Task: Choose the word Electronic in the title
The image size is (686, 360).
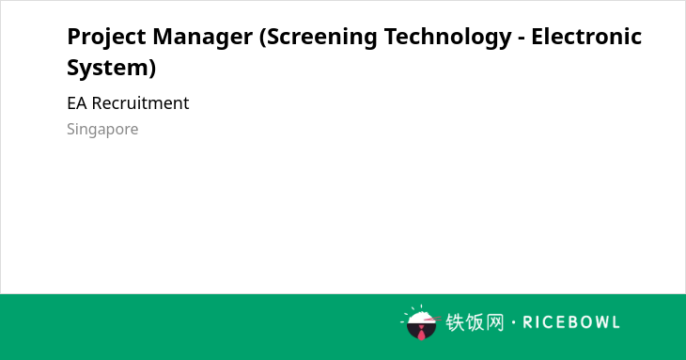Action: [x=586, y=37]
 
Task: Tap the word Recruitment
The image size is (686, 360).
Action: [x=140, y=103]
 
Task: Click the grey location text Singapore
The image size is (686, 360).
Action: [x=102, y=130]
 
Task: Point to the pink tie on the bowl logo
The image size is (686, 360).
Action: [x=421, y=333]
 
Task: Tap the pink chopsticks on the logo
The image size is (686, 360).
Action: [x=432, y=320]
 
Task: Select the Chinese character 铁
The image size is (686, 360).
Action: [x=455, y=322]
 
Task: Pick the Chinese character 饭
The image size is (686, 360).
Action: [x=475, y=322]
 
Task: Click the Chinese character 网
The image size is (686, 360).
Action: [x=494, y=322]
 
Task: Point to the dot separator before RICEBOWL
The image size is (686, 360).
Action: [x=513, y=322]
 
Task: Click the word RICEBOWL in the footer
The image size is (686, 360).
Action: [x=571, y=322]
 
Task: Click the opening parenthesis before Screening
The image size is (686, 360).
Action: [x=263, y=38]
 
